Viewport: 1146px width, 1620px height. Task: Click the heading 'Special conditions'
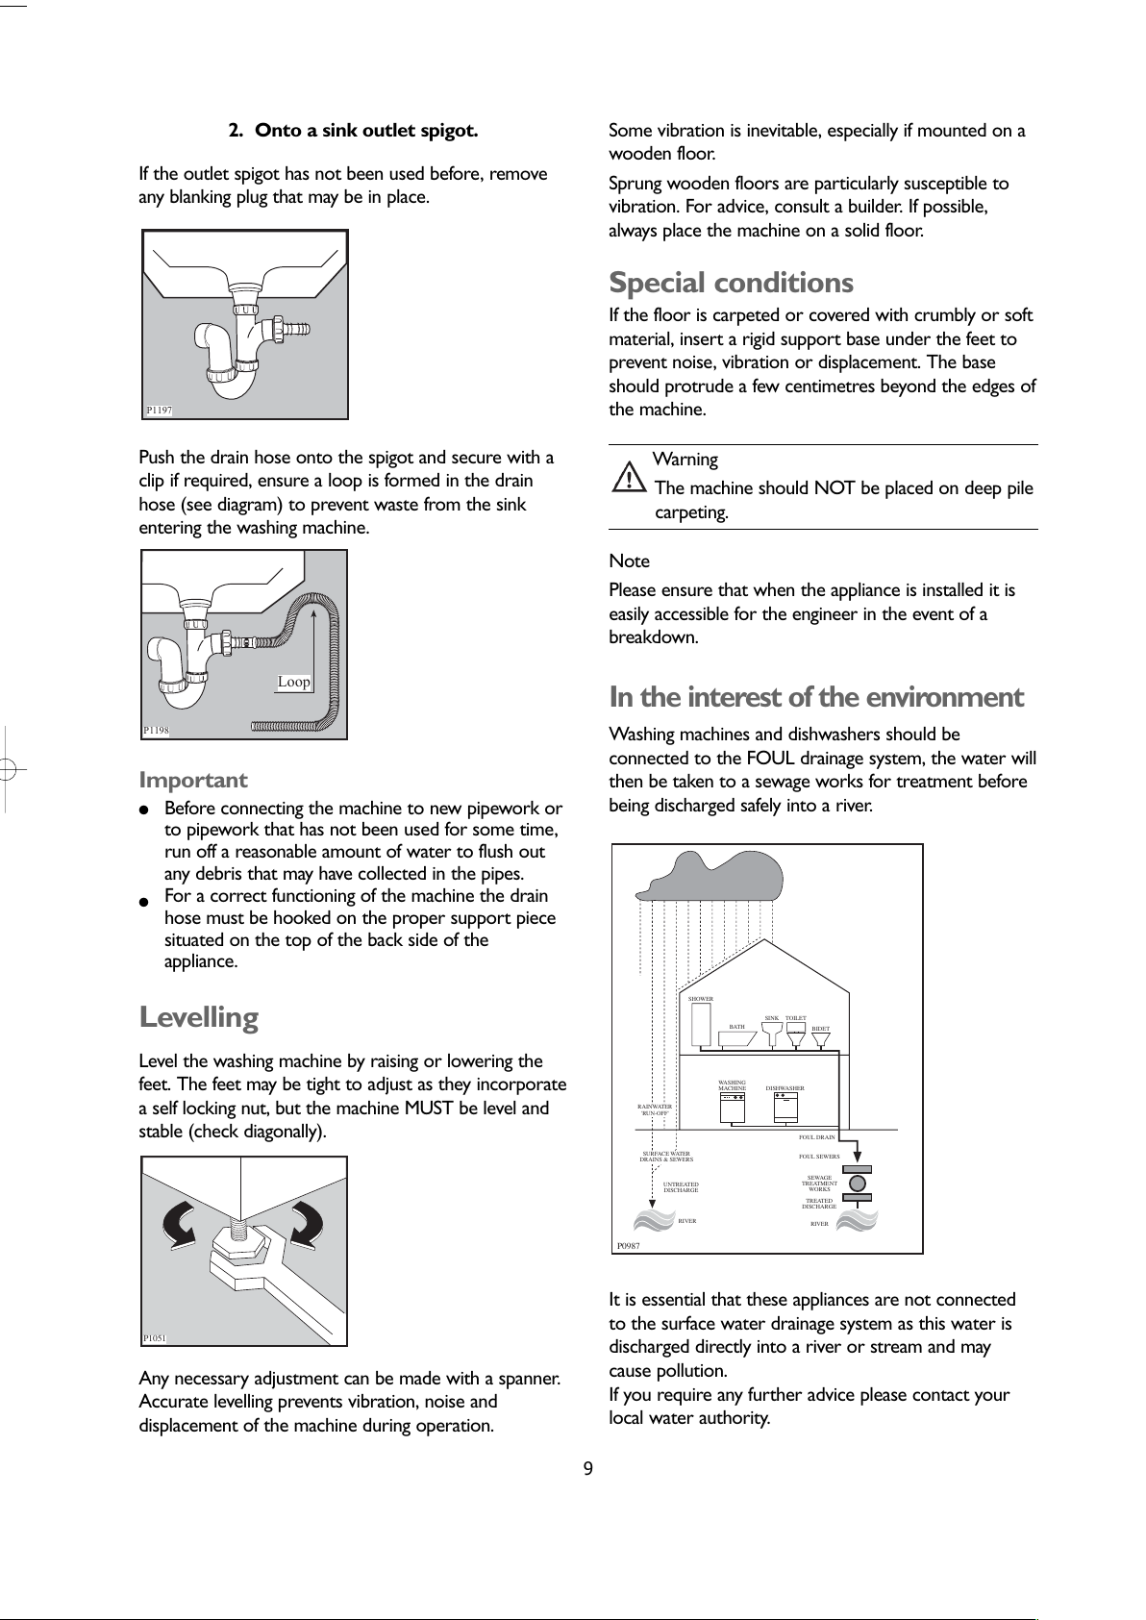731,283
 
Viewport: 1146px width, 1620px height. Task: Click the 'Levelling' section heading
199,1016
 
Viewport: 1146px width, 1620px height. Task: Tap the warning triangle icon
629,478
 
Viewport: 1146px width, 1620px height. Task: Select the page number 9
587,1467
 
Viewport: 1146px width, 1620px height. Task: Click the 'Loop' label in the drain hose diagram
294,682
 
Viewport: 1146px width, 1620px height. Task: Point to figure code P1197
160,411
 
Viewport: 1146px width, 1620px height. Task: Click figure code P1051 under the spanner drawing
155,1337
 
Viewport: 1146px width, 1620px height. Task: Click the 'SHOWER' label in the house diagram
701,999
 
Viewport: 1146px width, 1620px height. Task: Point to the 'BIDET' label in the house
820,1029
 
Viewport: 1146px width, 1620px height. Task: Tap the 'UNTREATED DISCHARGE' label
681,1187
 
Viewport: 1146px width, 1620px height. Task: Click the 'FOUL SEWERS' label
819,1157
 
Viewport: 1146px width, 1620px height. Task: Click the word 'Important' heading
193,780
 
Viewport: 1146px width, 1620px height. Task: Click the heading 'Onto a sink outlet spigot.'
365,130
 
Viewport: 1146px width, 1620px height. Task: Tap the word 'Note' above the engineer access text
630,561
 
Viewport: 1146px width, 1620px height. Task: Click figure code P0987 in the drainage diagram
629,1245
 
